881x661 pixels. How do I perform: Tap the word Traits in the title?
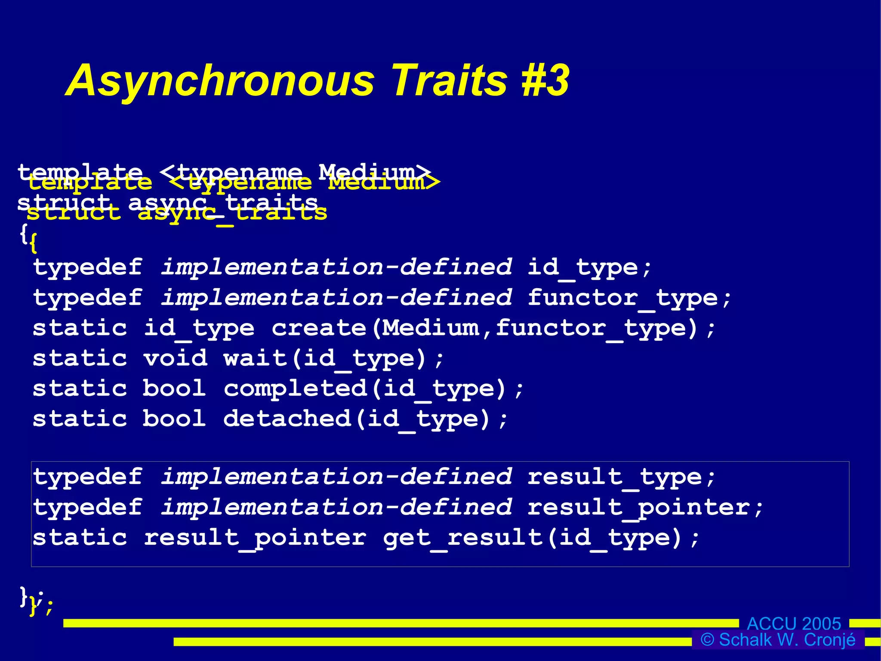pyautogui.click(x=450, y=80)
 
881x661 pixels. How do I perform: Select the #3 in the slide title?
pyautogui.click(x=545, y=80)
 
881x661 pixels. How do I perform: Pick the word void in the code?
pyautogui.click(x=175, y=359)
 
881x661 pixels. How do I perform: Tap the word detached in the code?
pyautogui.click(x=287, y=419)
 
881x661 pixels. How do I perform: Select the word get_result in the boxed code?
pyautogui.click(x=463, y=538)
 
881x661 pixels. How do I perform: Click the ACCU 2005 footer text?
pyautogui.click(x=794, y=624)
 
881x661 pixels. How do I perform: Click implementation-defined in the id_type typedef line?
pyautogui.click(x=336, y=268)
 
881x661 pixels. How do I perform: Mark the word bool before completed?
pyautogui.click(x=174, y=389)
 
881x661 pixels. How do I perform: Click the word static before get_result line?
pyautogui.click(x=80, y=538)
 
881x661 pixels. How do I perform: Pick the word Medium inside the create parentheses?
pyautogui.click(x=431, y=329)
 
